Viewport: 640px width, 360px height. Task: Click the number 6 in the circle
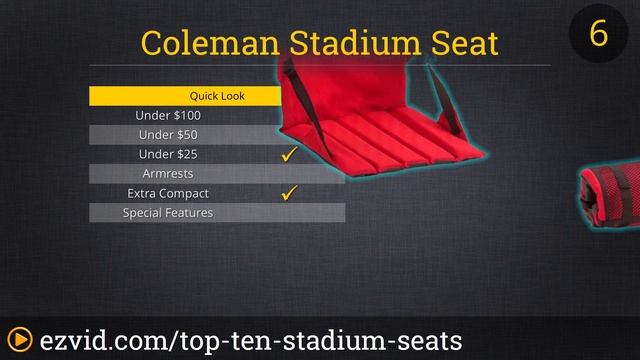coord(598,33)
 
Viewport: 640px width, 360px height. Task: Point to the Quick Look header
coord(217,96)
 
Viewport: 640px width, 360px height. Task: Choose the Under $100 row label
coord(168,115)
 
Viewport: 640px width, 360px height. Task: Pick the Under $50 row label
coord(168,134)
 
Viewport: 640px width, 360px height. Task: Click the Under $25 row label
coord(168,154)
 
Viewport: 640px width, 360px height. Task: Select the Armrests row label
coord(168,173)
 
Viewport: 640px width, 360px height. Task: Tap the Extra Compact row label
coord(168,193)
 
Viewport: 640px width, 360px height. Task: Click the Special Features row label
coord(168,212)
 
